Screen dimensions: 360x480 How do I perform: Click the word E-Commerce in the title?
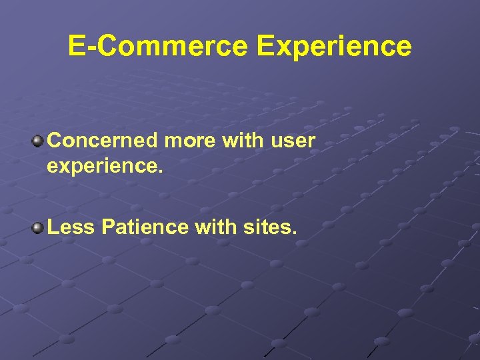tap(157, 46)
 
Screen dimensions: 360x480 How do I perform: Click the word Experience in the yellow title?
tap(334, 46)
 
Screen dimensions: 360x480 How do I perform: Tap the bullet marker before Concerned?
tap(38, 141)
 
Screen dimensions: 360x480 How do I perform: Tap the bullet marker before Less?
tap(38, 228)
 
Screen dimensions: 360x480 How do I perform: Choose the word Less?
tap(72, 228)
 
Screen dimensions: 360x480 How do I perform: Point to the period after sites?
tap(293, 234)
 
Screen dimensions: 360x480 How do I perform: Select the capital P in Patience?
tap(109, 228)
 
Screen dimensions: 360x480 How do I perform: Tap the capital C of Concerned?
tap(56, 141)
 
